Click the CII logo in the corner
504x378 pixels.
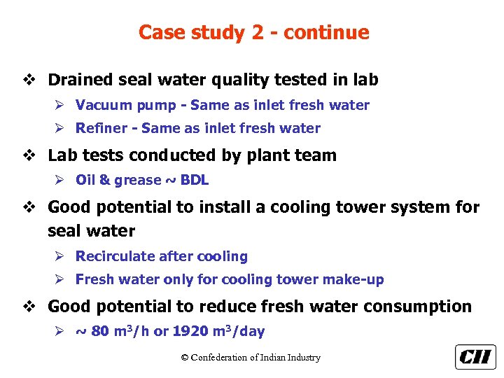coord(475,357)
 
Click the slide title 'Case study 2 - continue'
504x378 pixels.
coord(253,32)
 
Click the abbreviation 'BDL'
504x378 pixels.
coord(195,181)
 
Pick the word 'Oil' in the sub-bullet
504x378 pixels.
coord(85,181)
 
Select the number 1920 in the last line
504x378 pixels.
coord(190,332)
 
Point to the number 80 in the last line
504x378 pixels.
coord(100,332)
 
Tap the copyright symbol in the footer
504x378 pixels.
coord(185,358)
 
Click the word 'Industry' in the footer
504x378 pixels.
coord(302,358)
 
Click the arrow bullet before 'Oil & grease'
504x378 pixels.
coord(63,181)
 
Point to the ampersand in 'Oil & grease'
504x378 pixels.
coord(104,181)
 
